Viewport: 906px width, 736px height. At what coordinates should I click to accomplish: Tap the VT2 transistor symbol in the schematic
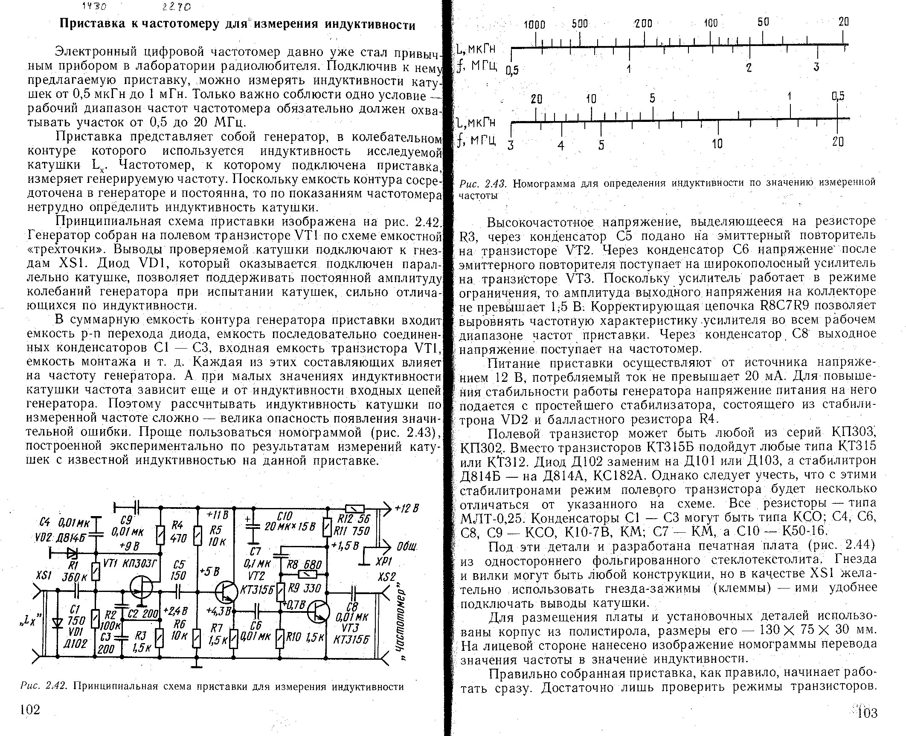(x=226, y=592)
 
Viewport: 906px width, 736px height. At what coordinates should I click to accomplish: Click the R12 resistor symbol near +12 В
(x=354, y=508)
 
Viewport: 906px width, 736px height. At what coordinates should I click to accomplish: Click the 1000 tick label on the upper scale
(x=534, y=24)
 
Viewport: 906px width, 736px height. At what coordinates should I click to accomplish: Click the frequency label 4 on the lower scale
(x=561, y=145)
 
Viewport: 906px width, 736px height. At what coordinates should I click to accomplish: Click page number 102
(x=30, y=710)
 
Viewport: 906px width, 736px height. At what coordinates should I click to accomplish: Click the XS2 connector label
(x=387, y=576)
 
